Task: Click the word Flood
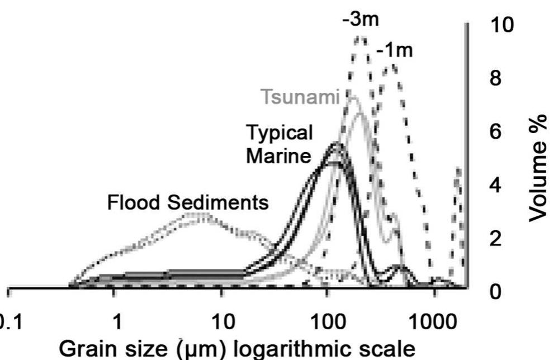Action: click(132, 203)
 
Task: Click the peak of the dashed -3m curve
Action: click(361, 38)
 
